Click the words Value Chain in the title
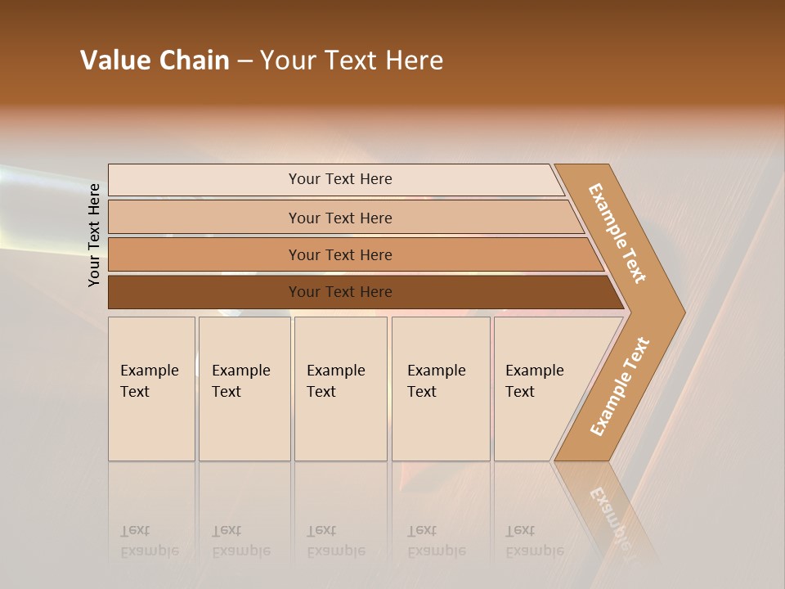pyautogui.click(x=155, y=61)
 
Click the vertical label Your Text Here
pyautogui.click(x=94, y=235)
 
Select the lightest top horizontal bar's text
pyautogui.click(x=340, y=179)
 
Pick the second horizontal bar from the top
pyautogui.click(x=340, y=218)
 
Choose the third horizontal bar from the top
pyautogui.click(x=340, y=254)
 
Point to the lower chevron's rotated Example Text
pyautogui.click(x=619, y=386)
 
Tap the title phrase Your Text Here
pyautogui.click(x=352, y=61)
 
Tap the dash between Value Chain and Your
pyautogui.click(x=244, y=61)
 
